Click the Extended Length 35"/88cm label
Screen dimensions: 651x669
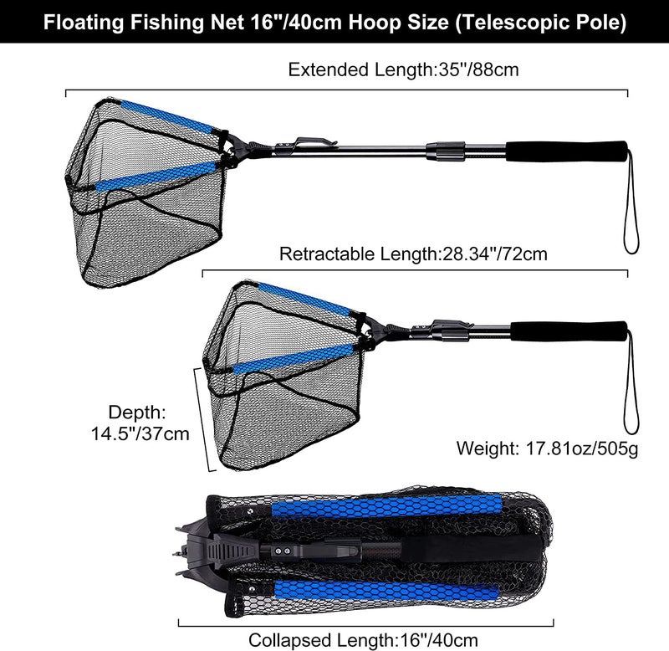tap(403, 69)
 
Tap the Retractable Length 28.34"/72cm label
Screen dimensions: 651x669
tap(413, 254)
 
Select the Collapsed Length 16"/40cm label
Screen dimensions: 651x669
tap(365, 639)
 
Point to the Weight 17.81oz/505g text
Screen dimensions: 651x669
tap(547, 449)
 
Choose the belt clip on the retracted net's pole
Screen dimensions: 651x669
tap(443, 323)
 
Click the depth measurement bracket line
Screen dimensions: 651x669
tap(201, 418)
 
